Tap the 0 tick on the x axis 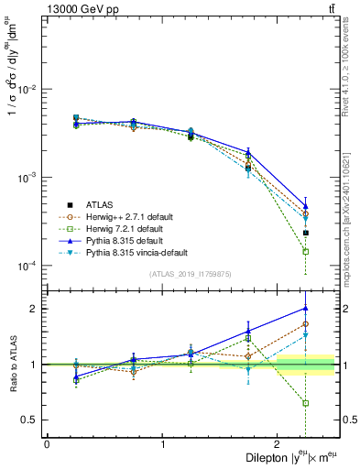coord(47,442)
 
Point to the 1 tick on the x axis coord(163,442)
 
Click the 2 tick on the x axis coord(278,442)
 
